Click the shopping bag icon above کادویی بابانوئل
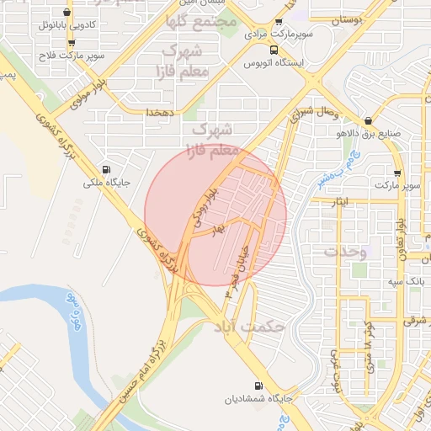(x=67, y=13)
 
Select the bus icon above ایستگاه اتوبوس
(x=276, y=49)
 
